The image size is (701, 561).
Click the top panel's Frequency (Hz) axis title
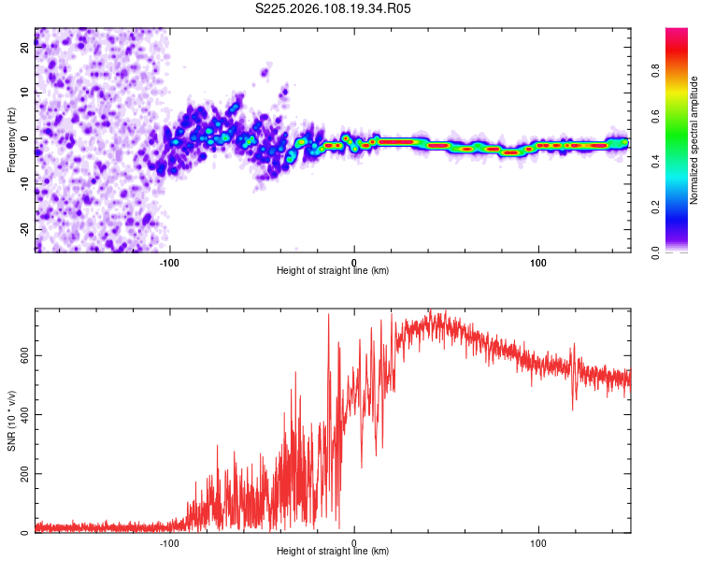pos(11,139)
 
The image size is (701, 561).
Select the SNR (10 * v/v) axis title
pos(11,420)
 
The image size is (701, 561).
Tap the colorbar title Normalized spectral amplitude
pos(694,140)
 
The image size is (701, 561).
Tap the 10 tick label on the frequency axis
pos(25,93)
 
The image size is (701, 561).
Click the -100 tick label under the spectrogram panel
pos(169,262)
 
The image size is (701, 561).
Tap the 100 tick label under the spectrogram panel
pos(538,262)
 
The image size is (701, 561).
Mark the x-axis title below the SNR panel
pos(333,552)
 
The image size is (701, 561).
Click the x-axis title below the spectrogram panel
pos(333,270)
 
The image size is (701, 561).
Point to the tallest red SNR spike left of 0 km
pos(329,316)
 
